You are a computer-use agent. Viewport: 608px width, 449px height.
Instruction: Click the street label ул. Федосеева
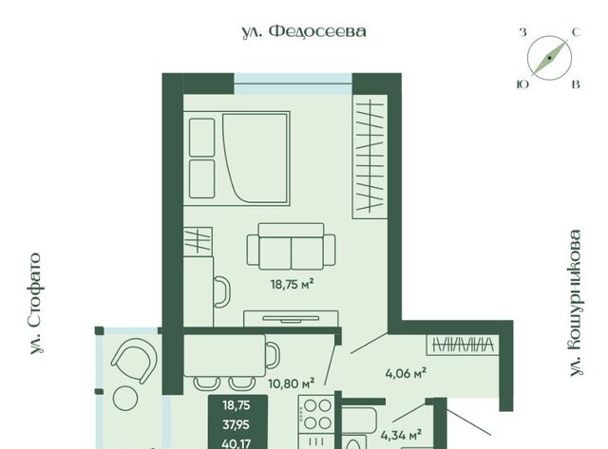[304, 31]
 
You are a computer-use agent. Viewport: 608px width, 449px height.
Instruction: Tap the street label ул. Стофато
[36, 304]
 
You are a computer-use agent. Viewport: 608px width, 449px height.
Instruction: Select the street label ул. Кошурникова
[576, 303]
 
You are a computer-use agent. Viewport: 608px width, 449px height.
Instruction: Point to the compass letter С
[577, 32]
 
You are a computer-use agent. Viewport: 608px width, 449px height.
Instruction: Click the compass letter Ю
[523, 84]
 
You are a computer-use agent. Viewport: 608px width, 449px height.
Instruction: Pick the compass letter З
[522, 32]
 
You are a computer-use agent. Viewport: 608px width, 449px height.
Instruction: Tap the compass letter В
[577, 84]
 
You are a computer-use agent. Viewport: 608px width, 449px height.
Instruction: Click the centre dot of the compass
[549, 58]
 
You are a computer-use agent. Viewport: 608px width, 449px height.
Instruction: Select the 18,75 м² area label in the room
[292, 285]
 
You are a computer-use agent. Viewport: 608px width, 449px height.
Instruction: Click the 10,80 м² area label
[292, 384]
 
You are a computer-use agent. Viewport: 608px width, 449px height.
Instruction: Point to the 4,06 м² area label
[406, 373]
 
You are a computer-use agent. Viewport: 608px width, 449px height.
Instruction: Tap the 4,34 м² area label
[401, 436]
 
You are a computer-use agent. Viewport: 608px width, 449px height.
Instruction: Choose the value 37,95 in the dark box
[237, 425]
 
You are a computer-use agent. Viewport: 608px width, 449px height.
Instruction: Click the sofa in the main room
[292, 247]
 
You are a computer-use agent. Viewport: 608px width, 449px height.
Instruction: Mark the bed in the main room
[237, 159]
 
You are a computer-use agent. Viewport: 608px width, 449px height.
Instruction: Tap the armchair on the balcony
[135, 361]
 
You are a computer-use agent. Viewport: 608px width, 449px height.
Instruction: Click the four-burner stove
[316, 414]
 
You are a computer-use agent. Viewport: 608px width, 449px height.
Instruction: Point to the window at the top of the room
[294, 84]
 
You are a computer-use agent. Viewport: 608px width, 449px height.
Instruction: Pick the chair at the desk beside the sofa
[222, 291]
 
